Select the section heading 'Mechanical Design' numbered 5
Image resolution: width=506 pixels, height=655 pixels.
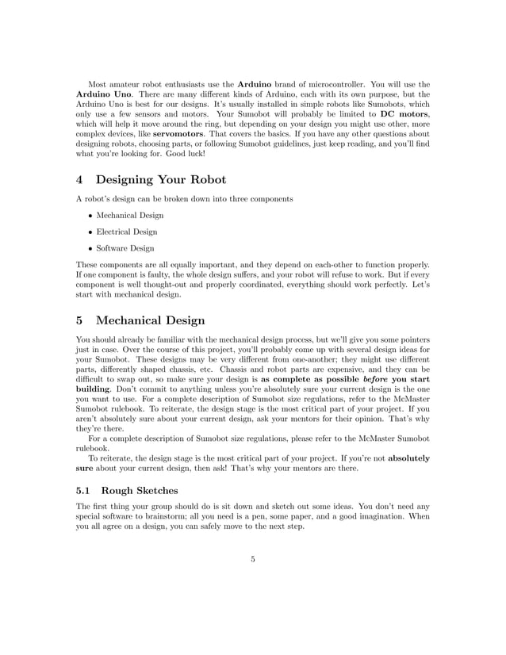click(x=150, y=320)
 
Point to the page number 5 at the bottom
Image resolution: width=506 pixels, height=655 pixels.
click(x=252, y=560)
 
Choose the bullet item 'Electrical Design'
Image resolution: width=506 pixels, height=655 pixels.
click(x=127, y=232)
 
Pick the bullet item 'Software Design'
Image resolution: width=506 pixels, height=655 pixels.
click(x=125, y=248)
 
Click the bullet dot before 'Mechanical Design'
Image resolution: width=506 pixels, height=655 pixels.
click(x=90, y=215)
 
